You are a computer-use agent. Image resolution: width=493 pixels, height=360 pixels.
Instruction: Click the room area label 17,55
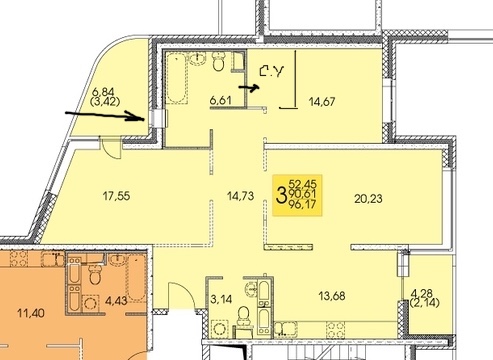coord(116,196)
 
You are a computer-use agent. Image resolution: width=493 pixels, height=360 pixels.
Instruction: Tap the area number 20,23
coord(368,199)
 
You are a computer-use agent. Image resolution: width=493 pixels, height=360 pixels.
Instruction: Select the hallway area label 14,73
coord(240,196)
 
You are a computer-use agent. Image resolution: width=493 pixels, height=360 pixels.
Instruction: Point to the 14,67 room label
coord(322,101)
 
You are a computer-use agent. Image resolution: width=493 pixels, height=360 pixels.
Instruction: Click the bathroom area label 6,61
coord(220,100)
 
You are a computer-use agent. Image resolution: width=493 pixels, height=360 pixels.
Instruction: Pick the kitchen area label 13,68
coord(332,296)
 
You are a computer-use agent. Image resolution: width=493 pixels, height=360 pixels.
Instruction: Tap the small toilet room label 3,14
coord(221,299)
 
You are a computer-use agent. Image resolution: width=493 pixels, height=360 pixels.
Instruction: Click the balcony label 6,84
coord(103,91)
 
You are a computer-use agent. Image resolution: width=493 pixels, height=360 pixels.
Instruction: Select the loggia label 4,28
coord(422,294)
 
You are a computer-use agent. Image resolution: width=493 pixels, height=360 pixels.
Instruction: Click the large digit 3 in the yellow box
coord(281,196)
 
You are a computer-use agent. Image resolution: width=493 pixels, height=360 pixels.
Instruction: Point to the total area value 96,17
coord(302,204)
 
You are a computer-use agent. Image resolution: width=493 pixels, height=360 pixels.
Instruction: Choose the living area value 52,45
coord(303,184)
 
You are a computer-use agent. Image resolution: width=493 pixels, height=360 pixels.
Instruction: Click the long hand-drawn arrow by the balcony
coord(105,116)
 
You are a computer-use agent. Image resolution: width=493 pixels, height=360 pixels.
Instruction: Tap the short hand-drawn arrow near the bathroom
coord(249,88)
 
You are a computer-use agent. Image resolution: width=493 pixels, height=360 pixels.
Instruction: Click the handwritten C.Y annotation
coord(272,71)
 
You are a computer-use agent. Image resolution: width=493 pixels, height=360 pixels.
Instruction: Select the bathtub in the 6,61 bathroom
coord(176,78)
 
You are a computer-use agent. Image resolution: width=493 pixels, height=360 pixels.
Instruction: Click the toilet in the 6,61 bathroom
coord(218,61)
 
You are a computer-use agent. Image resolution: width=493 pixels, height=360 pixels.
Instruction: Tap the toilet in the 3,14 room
coord(243,316)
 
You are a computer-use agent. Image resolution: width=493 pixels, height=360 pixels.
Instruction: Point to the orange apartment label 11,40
coord(31,313)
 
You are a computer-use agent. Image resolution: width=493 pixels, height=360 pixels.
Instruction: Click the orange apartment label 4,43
coord(116,301)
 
